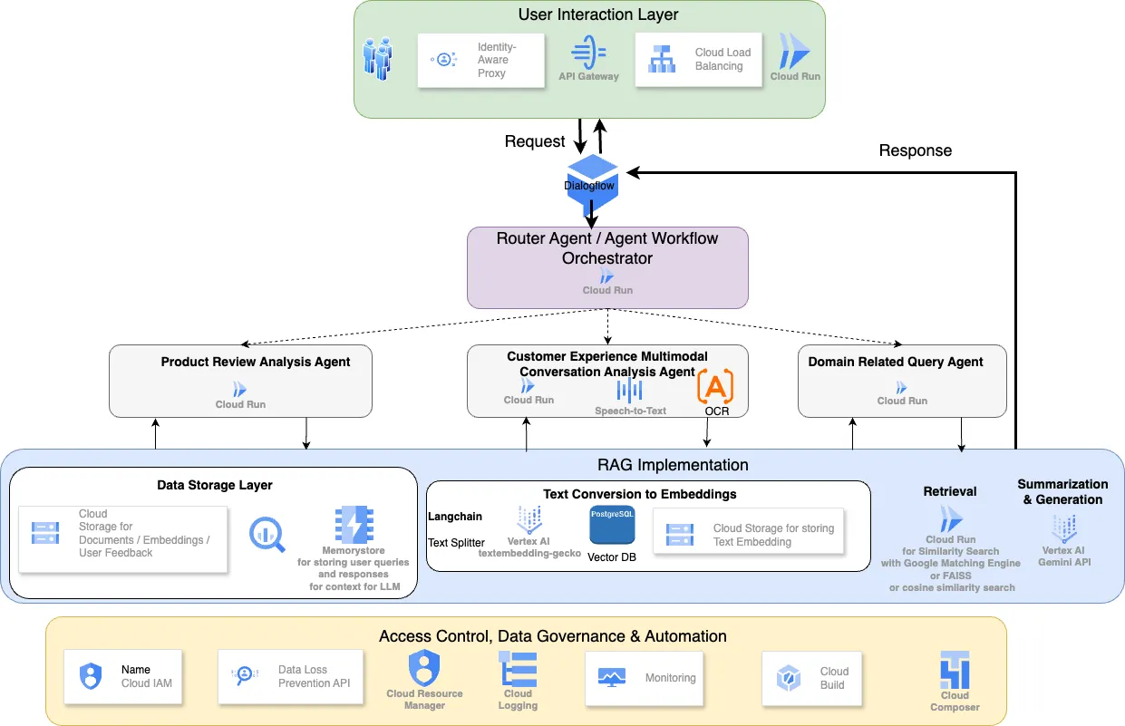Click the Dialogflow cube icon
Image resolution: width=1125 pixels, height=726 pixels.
[591, 178]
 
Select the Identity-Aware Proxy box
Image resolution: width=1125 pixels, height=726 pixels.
[480, 61]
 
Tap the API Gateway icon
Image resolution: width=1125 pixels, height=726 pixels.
[588, 50]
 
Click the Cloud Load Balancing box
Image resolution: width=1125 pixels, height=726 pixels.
[698, 61]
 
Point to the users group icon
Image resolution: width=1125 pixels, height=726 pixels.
[378, 57]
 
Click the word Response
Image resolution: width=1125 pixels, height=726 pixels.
[916, 150]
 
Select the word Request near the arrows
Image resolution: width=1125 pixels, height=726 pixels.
[535, 141]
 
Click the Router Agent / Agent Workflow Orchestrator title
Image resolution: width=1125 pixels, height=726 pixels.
[607, 248]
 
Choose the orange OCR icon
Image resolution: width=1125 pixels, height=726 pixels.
[715, 387]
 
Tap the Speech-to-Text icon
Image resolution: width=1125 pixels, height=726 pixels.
[629, 391]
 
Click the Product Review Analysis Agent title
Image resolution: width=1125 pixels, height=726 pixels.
[256, 362]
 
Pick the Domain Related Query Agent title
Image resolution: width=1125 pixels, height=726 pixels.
[896, 362]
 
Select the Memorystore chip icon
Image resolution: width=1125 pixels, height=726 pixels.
[353, 525]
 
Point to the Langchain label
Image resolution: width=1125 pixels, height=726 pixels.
[454, 517]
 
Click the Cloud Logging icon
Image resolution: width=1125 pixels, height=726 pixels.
[519, 669]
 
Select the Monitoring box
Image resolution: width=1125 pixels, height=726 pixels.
[644, 677]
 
